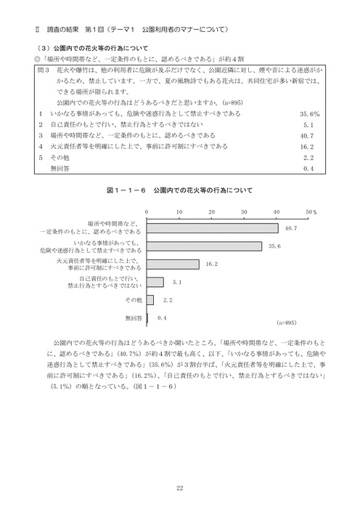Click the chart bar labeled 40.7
[212, 227]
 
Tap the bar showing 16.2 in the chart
[173, 264]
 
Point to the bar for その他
[150, 299]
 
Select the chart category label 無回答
[134, 317]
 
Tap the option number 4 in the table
[41, 146]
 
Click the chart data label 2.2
[166, 299]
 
